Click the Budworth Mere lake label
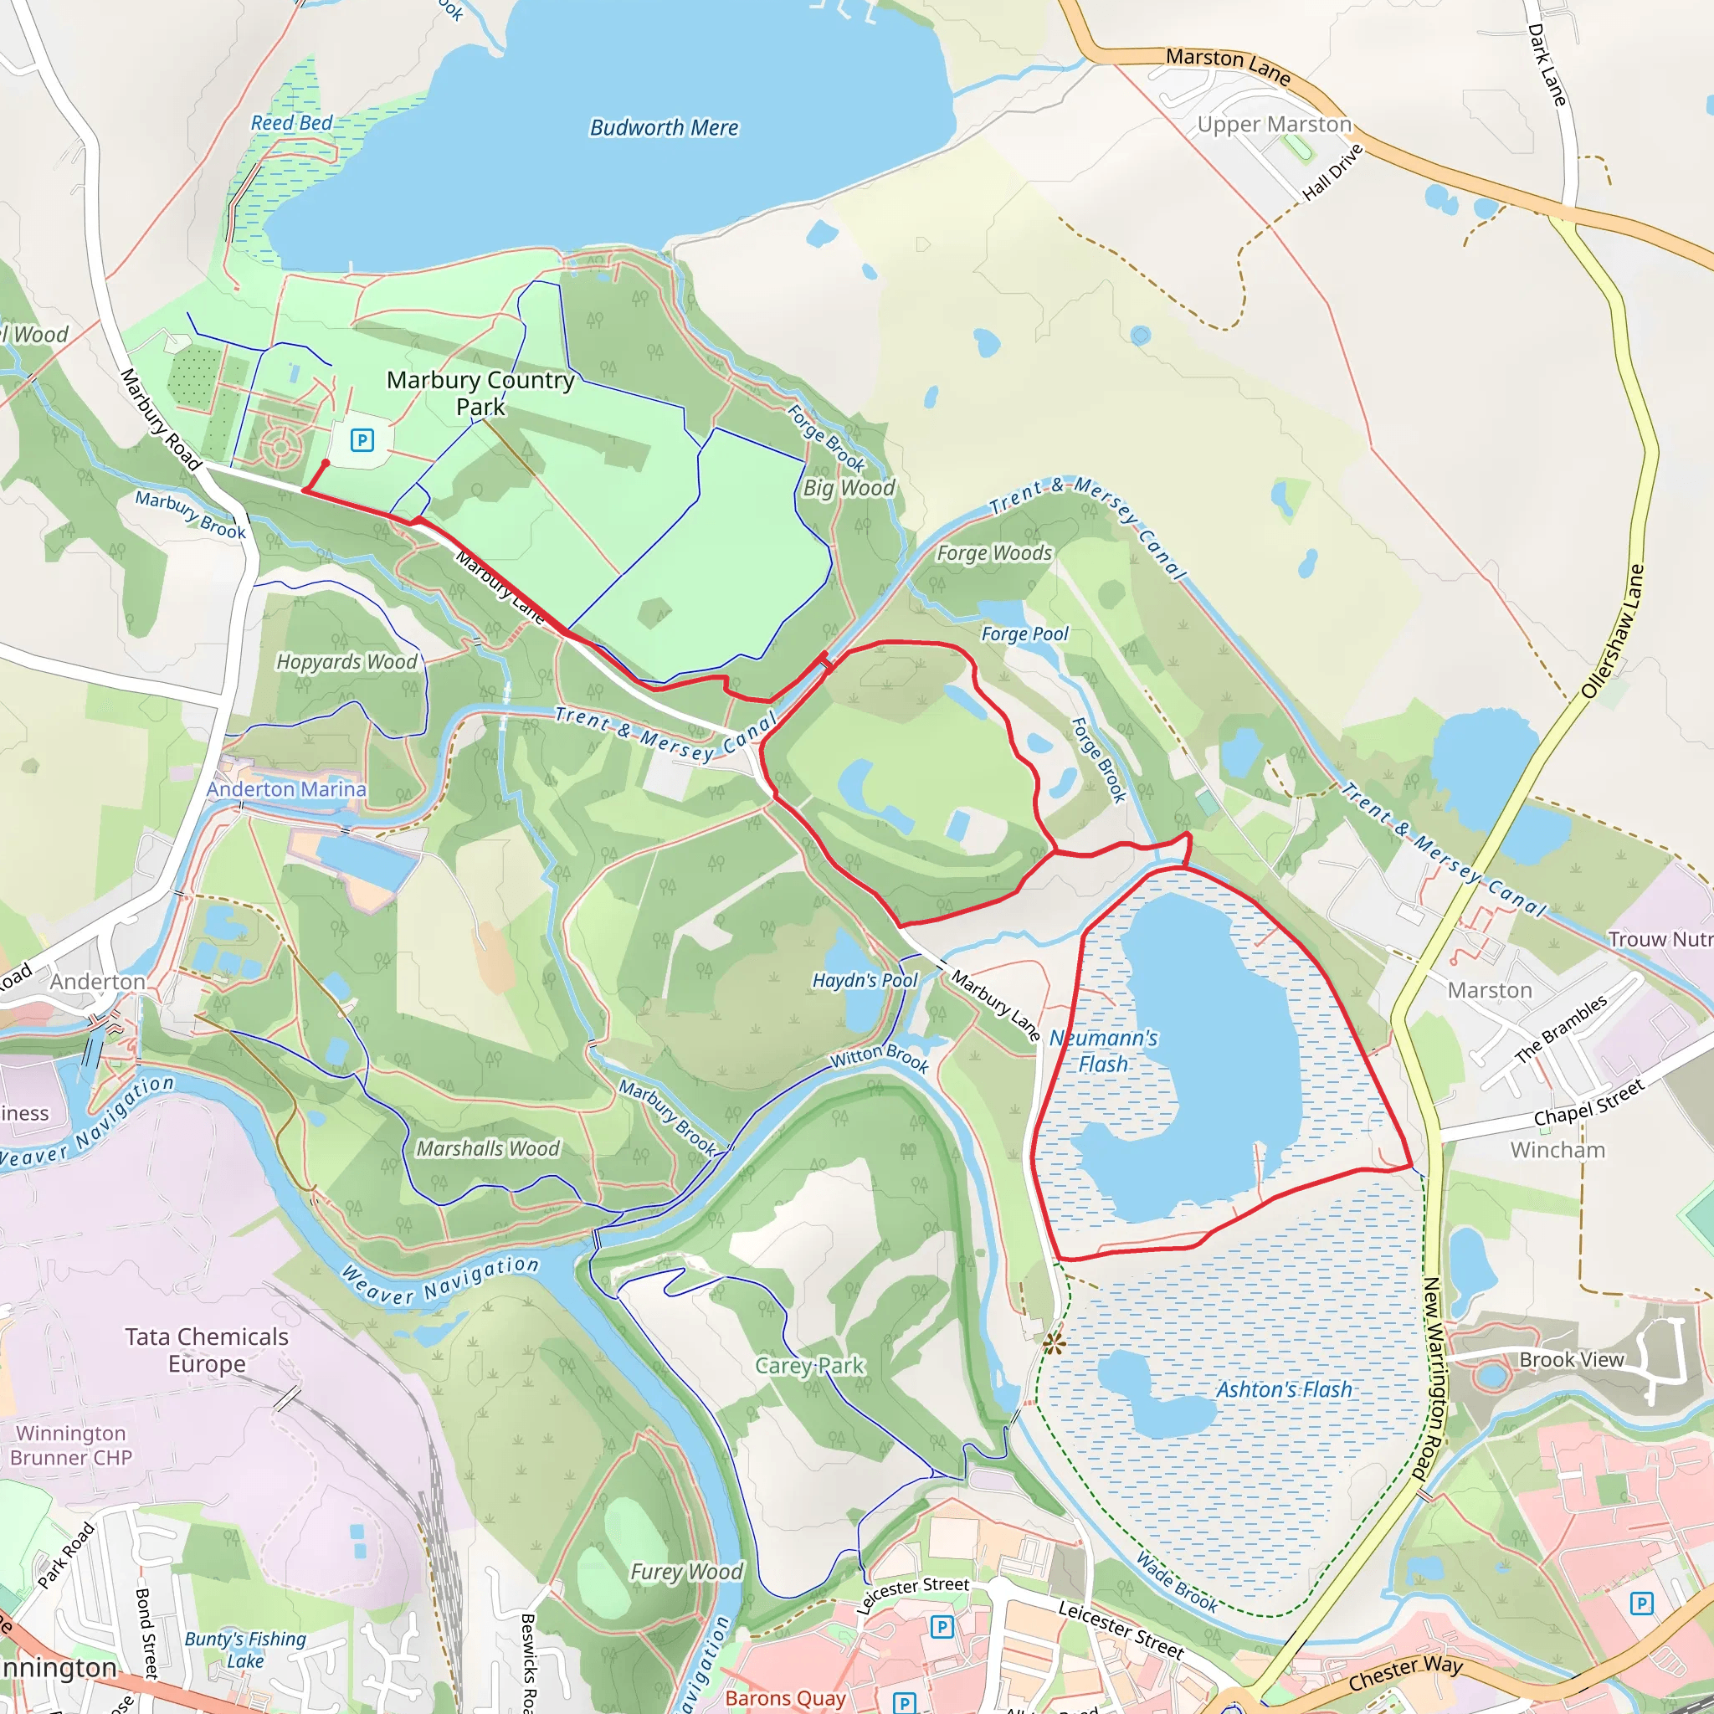pos(664,128)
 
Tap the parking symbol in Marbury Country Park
pos(362,439)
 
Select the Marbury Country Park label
pos(481,393)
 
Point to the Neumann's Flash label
pos(1104,1050)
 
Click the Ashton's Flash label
pos(1284,1389)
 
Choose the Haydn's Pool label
pos(865,980)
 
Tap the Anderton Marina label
pos(286,788)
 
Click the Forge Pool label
pos(1024,634)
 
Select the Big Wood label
pos(849,488)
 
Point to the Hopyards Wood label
pos(346,662)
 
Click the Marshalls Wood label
pos(488,1149)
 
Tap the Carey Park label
pos(809,1365)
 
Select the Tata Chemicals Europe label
pos(207,1349)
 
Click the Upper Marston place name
pos(1274,124)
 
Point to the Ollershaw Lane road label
pos(1613,632)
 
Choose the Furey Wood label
pos(685,1572)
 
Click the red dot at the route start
pos(326,463)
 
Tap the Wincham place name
pos(1557,1150)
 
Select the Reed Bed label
pos(291,122)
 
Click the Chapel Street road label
pos(1589,1102)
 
